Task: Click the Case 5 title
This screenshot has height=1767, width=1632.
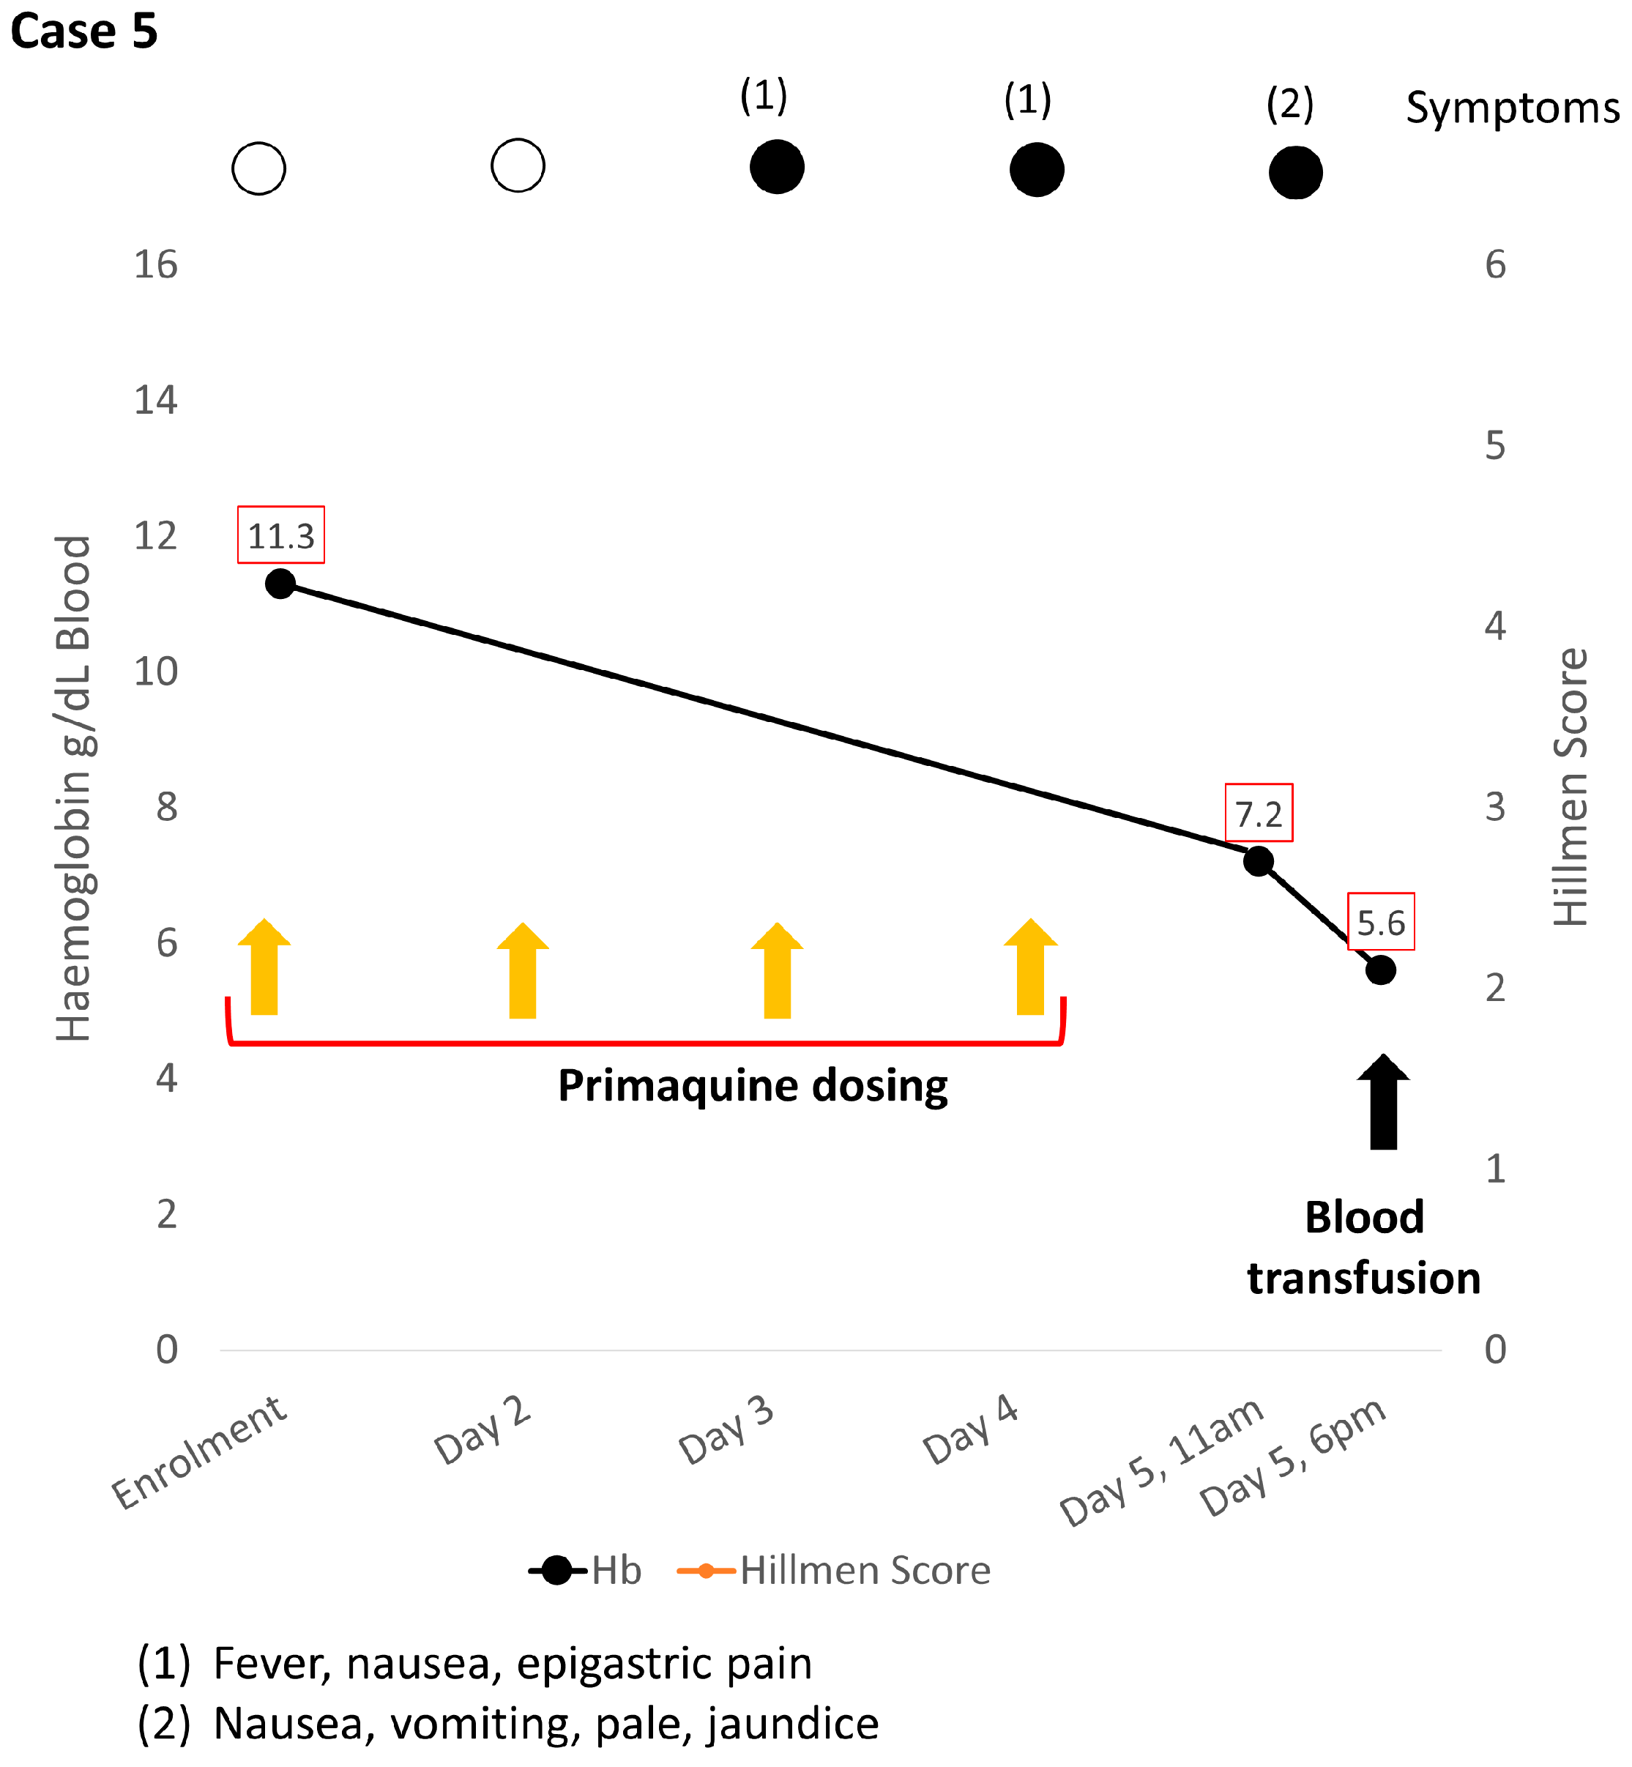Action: tap(84, 31)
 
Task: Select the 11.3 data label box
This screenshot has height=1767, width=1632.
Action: tap(281, 535)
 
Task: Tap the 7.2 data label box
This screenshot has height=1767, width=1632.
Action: tap(1259, 812)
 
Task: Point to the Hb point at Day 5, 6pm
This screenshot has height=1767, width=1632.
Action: tap(1379, 970)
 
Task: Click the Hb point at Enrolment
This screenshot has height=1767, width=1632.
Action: tap(280, 584)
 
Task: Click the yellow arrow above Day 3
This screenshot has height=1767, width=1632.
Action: tap(777, 970)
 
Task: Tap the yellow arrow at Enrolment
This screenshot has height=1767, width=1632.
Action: tap(264, 968)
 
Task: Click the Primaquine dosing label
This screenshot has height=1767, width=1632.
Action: tap(753, 1085)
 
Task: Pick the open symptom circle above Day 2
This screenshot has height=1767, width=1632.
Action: tap(518, 165)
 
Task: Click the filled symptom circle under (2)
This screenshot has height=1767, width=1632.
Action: tap(1294, 172)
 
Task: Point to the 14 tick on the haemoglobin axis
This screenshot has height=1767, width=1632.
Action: tap(155, 400)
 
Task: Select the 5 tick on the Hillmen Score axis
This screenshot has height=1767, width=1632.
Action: tap(1494, 445)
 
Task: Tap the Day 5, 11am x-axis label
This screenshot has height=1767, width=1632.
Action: tap(1161, 1462)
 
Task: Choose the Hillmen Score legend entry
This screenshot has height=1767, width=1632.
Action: tap(835, 1570)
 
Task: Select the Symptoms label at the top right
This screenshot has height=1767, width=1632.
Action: tap(1512, 108)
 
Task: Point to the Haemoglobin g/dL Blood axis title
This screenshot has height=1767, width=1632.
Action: tap(73, 788)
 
